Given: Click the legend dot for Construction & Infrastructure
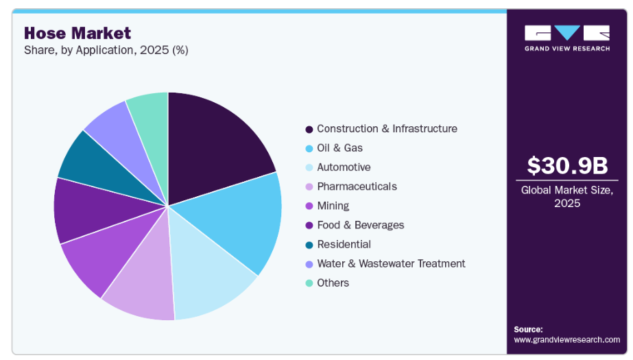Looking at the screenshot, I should click(309, 129).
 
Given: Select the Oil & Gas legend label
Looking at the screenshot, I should click(339, 148).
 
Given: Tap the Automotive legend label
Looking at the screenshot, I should click(344, 167).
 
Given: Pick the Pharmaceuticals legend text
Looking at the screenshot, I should click(357, 187).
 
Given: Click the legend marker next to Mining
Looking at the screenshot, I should click(309, 206).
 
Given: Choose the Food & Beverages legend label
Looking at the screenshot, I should click(360, 225).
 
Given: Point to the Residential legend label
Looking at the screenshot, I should click(344, 244).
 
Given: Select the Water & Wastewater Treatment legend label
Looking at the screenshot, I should click(391, 263).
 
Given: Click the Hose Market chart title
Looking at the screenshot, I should click(77, 32).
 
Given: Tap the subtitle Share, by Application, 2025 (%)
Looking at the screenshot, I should click(106, 50).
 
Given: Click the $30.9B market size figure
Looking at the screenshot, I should click(566, 165).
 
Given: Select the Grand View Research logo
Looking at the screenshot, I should click(566, 38).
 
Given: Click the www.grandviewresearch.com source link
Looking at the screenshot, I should click(566, 339).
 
